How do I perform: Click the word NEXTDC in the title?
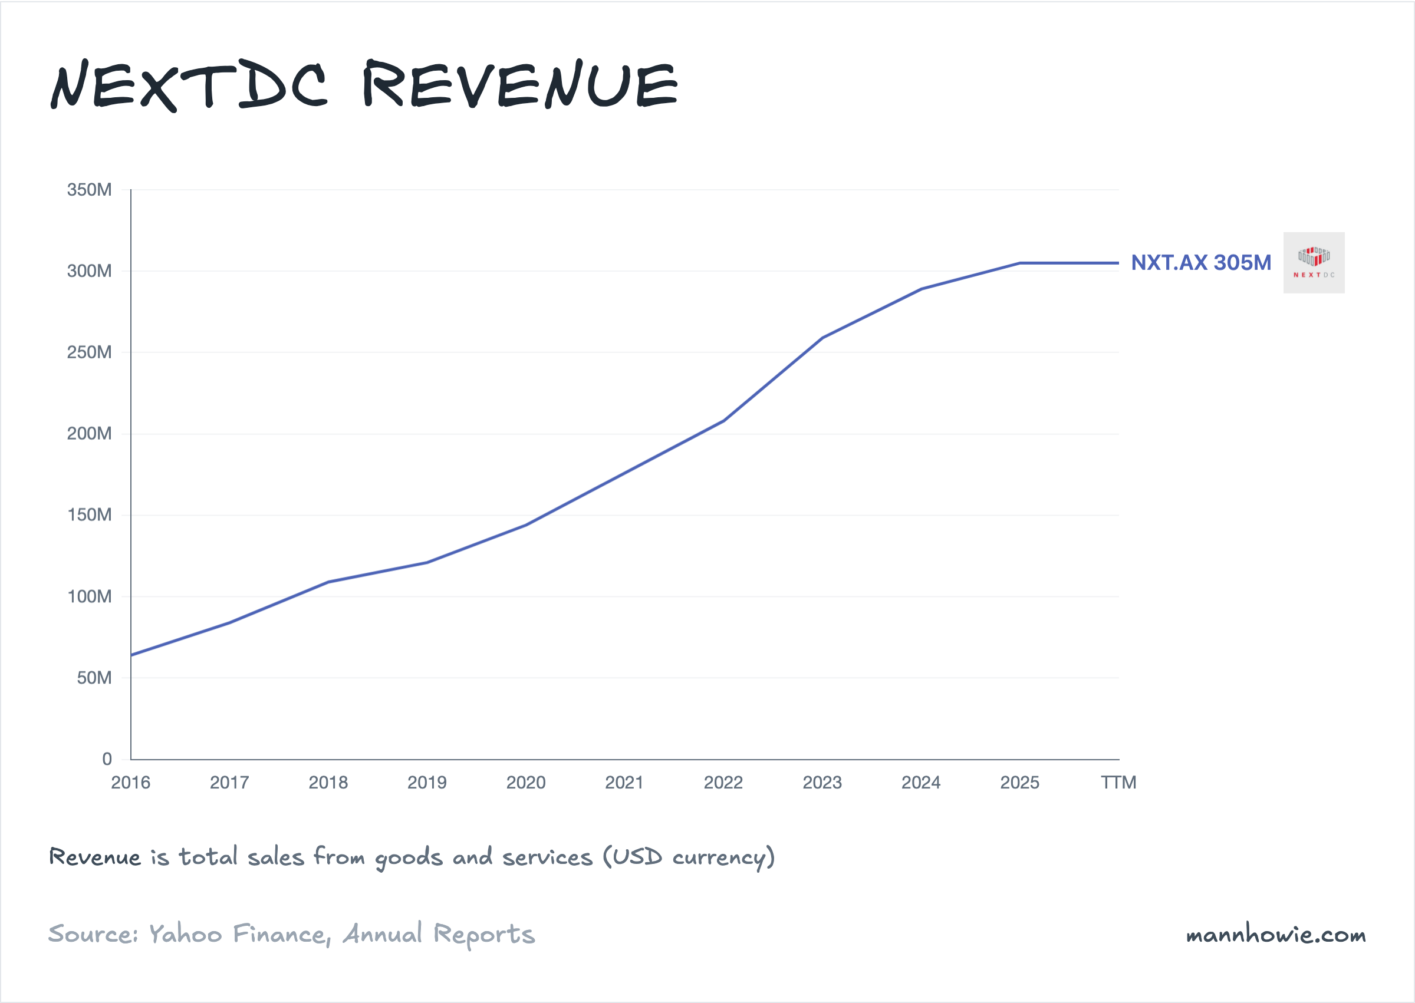pos(189,85)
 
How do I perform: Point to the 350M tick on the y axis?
pos(90,190)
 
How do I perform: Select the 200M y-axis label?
pos(90,434)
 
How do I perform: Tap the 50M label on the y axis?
pos(94,678)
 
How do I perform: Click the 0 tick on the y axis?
pos(107,759)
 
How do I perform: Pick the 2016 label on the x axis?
pos(130,783)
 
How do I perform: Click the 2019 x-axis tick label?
pos(427,783)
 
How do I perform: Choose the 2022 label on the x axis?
pos(723,783)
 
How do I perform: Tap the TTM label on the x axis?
pos(1118,783)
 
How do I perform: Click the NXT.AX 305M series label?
pos(1200,262)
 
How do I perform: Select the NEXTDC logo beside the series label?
pos(1314,262)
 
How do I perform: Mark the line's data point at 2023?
pos(822,338)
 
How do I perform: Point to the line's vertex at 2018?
pos(328,582)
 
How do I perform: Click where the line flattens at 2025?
pos(1019,263)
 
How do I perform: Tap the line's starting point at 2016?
pos(131,655)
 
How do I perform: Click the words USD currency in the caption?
pos(689,857)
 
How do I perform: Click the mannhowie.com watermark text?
pos(1275,935)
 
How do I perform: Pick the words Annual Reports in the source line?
pos(439,934)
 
